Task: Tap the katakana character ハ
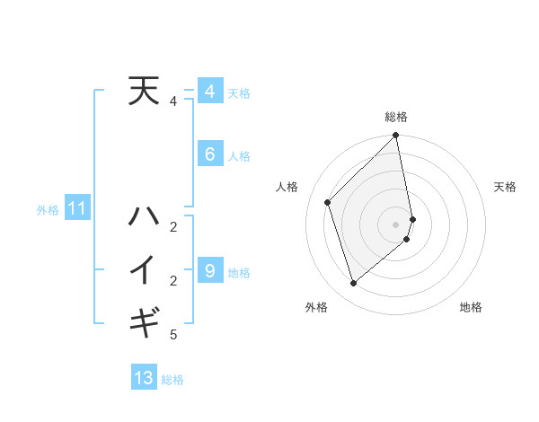tap(144, 216)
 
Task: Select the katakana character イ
tap(144, 269)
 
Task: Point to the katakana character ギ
tap(144, 321)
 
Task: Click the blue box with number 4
tap(209, 92)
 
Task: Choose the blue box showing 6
tap(209, 154)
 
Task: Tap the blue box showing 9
tap(209, 270)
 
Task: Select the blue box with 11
tap(76, 209)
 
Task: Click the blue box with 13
tap(144, 378)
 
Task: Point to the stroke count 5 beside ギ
tap(173, 335)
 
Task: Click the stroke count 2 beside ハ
tap(173, 226)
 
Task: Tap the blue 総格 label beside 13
tap(172, 380)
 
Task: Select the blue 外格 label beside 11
tap(48, 211)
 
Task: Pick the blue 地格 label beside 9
tap(239, 273)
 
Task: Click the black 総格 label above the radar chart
tap(396, 117)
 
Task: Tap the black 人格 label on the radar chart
tap(287, 187)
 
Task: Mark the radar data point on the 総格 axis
tap(395, 136)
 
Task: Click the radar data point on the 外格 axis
tap(354, 283)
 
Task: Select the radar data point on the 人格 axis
tap(328, 202)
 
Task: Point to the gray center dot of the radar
tap(396, 224)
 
